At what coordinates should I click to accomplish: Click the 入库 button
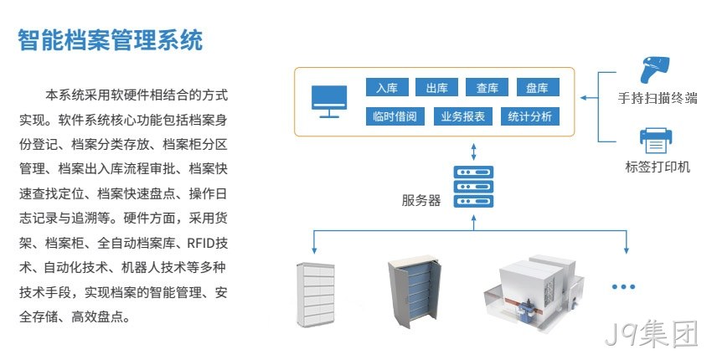click(x=387, y=87)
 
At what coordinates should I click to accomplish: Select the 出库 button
click(x=436, y=87)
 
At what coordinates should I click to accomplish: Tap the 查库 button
click(x=487, y=87)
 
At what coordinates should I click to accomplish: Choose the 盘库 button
click(x=538, y=87)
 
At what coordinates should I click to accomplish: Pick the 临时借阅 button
click(x=395, y=116)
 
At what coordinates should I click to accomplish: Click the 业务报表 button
click(x=462, y=116)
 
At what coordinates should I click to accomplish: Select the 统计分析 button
click(x=530, y=116)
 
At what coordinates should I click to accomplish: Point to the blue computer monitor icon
click(x=329, y=101)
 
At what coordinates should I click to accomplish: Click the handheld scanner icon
click(x=654, y=69)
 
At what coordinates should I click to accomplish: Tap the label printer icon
click(x=656, y=141)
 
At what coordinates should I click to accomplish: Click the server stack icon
click(x=473, y=187)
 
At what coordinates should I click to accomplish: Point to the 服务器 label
click(x=421, y=200)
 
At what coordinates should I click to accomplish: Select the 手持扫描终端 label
click(x=657, y=98)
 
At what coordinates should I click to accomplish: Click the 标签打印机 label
click(x=658, y=167)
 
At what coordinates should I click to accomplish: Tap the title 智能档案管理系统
click(x=111, y=40)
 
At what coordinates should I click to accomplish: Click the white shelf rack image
click(x=316, y=294)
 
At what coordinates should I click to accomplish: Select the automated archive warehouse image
click(x=534, y=293)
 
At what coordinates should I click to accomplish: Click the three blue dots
click(x=623, y=286)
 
